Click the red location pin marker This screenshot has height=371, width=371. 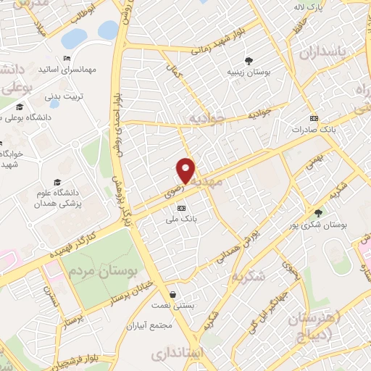click(x=186, y=170)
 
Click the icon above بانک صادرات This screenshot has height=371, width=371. click(x=313, y=118)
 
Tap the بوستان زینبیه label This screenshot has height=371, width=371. click(x=249, y=72)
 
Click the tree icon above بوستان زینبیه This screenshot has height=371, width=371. click(x=249, y=61)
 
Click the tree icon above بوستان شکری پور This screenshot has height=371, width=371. click(x=318, y=213)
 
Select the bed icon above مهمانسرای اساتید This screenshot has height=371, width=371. click(x=67, y=58)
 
